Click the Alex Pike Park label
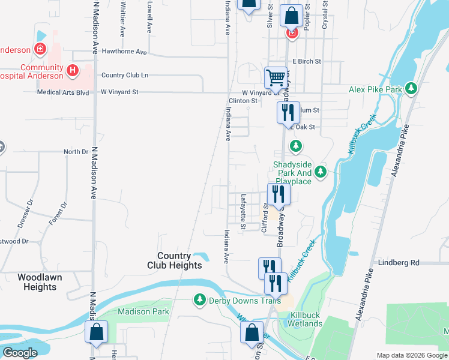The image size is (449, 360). tap(375, 89)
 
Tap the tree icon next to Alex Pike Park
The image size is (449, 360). tap(411, 89)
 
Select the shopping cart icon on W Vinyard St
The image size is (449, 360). tap(276, 77)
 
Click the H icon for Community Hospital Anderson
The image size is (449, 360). tap(73, 71)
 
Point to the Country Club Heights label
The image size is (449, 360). tap(175, 260)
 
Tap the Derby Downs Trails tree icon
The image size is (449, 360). tap(199, 299)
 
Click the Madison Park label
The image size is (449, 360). tap(143, 311)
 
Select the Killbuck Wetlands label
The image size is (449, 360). tap(307, 319)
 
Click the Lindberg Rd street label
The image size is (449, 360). tap(398, 263)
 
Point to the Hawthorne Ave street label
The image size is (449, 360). tap(124, 52)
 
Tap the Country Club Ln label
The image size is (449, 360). tap(125, 75)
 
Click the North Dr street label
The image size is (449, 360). tap(76, 152)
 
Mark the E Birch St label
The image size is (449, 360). tap(307, 61)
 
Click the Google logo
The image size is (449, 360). tap(20, 353)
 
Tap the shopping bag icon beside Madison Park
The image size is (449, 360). tap(96, 333)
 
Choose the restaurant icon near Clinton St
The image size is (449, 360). tap(288, 112)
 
